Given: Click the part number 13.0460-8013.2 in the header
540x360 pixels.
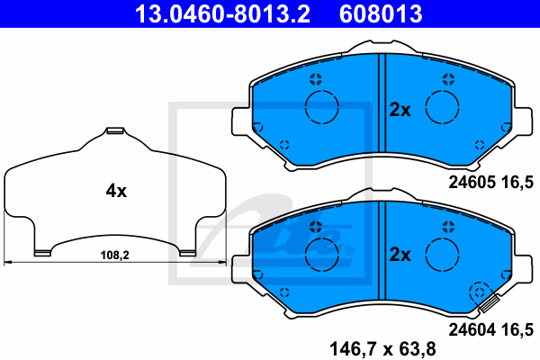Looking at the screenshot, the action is click(222, 13).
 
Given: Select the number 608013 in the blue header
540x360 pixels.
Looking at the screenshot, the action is click(381, 13).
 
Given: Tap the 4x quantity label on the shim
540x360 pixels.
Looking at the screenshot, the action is click(116, 191).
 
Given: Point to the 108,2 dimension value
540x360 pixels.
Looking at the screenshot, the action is click(114, 256).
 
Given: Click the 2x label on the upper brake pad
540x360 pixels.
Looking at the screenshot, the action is click(400, 110).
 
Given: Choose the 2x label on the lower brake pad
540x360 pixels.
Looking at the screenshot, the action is click(400, 255).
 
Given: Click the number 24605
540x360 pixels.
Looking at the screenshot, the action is click(472, 182).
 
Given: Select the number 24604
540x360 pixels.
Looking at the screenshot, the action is click(472, 329).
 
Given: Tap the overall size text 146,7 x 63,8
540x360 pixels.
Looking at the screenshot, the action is click(383, 349).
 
